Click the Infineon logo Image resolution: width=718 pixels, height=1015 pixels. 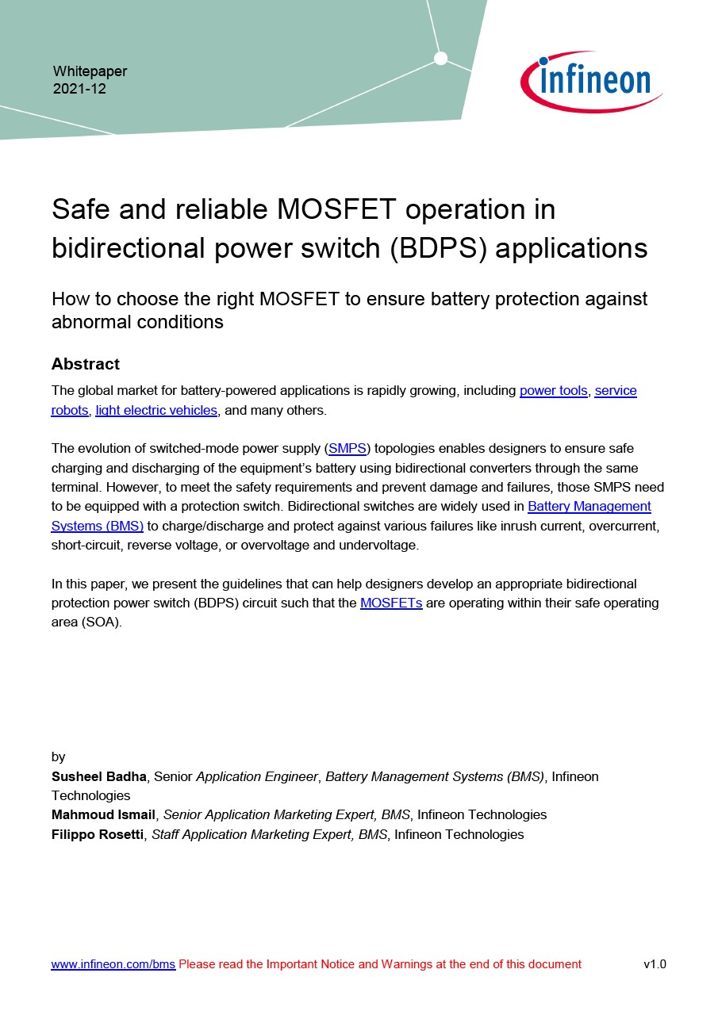pos(591,81)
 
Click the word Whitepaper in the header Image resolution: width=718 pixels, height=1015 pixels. pos(90,71)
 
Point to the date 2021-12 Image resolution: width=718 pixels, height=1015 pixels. pos(79,89)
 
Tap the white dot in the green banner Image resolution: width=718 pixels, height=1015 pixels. pos(441,58)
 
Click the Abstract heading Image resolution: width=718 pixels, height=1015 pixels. pos(86,364)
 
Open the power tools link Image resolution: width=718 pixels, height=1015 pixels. pos(554,391)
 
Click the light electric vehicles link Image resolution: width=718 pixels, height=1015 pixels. pos(156,411)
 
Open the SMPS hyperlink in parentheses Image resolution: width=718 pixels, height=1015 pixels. pos(347,449)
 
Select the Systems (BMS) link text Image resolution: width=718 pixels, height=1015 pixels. pos(98,526)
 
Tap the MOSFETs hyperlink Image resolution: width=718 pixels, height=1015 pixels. pos(391,603)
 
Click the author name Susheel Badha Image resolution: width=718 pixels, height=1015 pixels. pos(99,776)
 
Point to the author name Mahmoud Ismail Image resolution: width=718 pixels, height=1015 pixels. pos(104,814)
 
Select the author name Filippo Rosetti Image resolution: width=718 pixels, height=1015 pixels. pos(98,834)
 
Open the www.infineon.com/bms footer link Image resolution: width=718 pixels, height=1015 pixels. pos(113,964)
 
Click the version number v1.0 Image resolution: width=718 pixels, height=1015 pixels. pos(655,964)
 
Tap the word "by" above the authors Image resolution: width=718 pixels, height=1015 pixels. pos(59,756)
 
